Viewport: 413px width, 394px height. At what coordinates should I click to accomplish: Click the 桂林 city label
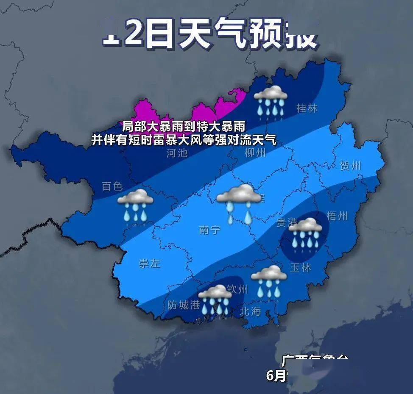pyautogui.click(x=307, y=108)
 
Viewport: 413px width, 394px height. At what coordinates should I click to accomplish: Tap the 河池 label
pyautogui.click(x=177, y=153)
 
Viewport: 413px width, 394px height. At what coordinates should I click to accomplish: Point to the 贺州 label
pyautogui.click(x=350, y=166)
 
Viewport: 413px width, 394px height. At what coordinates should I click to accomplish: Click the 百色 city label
pyautogui.click(x=112, y=186)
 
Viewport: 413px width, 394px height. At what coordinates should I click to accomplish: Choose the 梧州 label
pyautogui.click(x=337, y=216)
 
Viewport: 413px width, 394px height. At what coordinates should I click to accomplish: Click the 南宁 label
pyautogui.click(x=210, y=230)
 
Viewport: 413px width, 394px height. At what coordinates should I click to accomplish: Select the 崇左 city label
pyautogui.click(x=150, y=263)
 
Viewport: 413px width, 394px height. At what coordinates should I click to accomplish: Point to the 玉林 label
pyautogui.click(x=301, y=268)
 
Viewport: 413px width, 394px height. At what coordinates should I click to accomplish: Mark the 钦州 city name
pyautogui.click(x=237, y=289)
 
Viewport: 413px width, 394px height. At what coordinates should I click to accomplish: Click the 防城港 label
pyautogui.click(x=184, y=305)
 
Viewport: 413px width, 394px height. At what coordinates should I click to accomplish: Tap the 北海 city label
pyautogui.click(x=250, y=311)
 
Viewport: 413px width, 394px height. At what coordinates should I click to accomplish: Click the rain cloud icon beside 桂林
pyautogui.click(x=271, y=100)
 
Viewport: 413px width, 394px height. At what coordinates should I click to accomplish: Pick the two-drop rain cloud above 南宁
pyautogui.click(x=239, y=203)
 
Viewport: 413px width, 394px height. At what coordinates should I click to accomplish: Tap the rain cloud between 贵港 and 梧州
pyautogui.click(x=305, y=233)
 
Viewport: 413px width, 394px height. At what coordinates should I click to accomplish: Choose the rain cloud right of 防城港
pyautogui.click(x=215, y=300)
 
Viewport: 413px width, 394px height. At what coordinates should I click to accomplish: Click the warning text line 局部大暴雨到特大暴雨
pyautogui.click(x=184, y=126)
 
